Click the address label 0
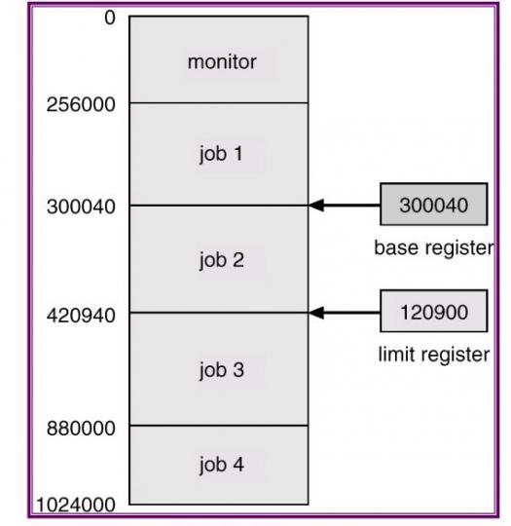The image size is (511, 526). pyautogui.click(x=110, y=18)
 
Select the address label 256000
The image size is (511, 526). pyautogui.click(x=81, y=104)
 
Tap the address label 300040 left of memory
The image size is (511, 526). pyautogui.click(x=81, y=207)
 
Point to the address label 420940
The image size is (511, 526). pyautogui.click(x=81, y=316)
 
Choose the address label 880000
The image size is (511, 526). pyautogui.click(x=81, y=429)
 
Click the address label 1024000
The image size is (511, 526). pyautogui.click(x=76, y=505)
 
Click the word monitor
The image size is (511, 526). pyautogui.click(x=222, y=62)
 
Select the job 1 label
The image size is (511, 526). pyautogui.click(x=221, y=155)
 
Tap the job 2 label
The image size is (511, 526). pyautogui.click(x=221, y=261)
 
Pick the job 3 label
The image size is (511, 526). pyautogui.click(x=221, y=371)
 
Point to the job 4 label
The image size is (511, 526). pyautogui.click(x=221, y=466)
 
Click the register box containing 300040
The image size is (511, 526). pyautogui.click(x=434, y=205)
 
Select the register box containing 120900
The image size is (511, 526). pyautogui.click(x=434, y=311)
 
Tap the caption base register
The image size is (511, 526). pyautogui.click(x=434, y=248)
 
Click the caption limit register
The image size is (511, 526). pyautogui.click(x=434, y=355)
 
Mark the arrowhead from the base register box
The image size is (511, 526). pyautogui.click(x=315, y=205)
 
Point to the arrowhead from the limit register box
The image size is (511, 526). pyautogui.click(x=315, y=313)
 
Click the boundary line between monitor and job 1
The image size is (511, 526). pyautogui.click(x=219, y=103)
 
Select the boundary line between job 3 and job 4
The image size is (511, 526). pyautogui.click(x=219, y=426)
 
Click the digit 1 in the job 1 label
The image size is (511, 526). pyautogui.click(x=238, y=153)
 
